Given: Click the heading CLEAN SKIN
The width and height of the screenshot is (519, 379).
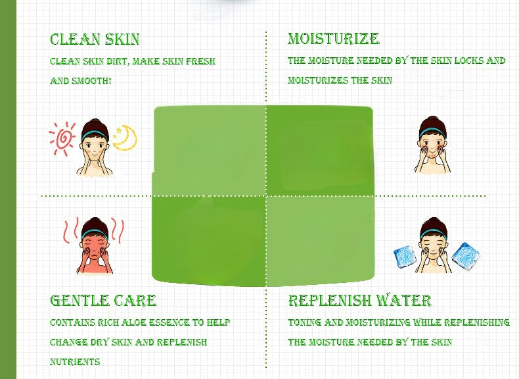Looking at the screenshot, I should (x=95, y=39).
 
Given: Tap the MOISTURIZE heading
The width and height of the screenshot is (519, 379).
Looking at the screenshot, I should (x=333, y=39).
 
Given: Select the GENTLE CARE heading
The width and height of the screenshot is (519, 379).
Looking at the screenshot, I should (x=103, y=301).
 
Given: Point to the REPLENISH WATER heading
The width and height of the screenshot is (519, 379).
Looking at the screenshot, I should (x=359, y=301).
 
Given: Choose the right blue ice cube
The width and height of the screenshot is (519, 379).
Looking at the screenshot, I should (x=466, y=255).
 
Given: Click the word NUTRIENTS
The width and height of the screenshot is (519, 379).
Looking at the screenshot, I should (x=75, y=363).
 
